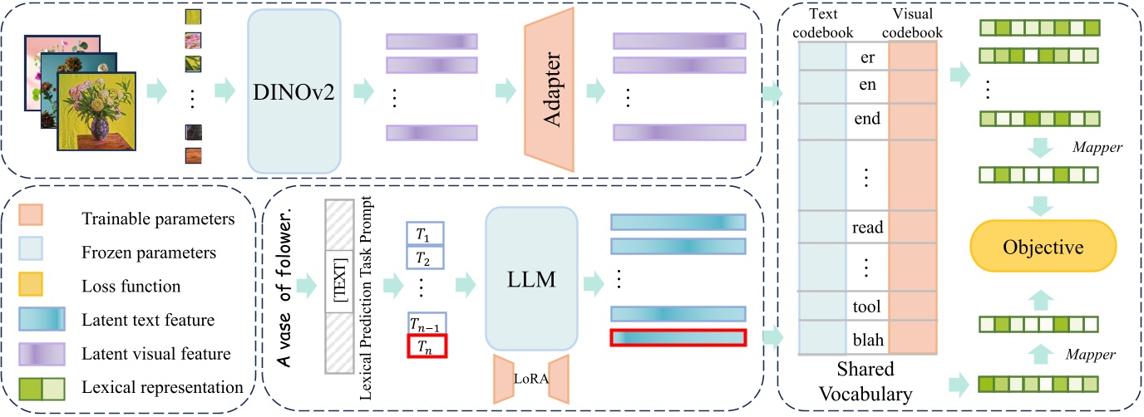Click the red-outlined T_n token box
click(427, 344)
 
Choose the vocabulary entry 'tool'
click(867, 307)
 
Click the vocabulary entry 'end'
click(867, 118)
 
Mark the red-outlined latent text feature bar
click(678, 338)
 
